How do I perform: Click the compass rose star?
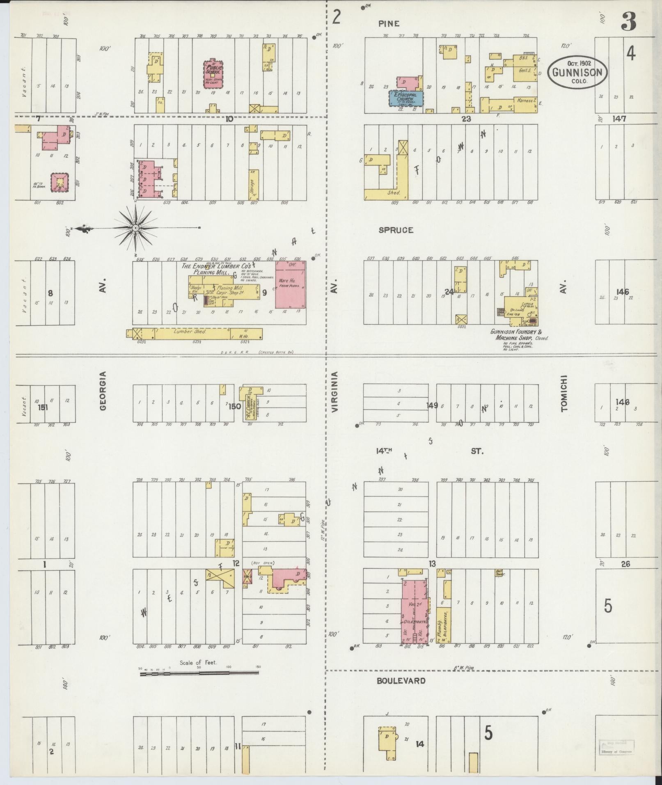[x=135, y=227]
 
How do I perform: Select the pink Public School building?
[x=213, y=74]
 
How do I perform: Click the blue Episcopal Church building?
[x=406, y=98]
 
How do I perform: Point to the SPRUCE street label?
[x=396, y=230]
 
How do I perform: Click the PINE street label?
[x=388, y=24]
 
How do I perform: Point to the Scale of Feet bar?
[x=199, y=673]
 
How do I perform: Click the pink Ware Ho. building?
[x=290, y=284]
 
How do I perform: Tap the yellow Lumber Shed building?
[x=195, y=334]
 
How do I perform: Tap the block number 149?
[x=432, y=405]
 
